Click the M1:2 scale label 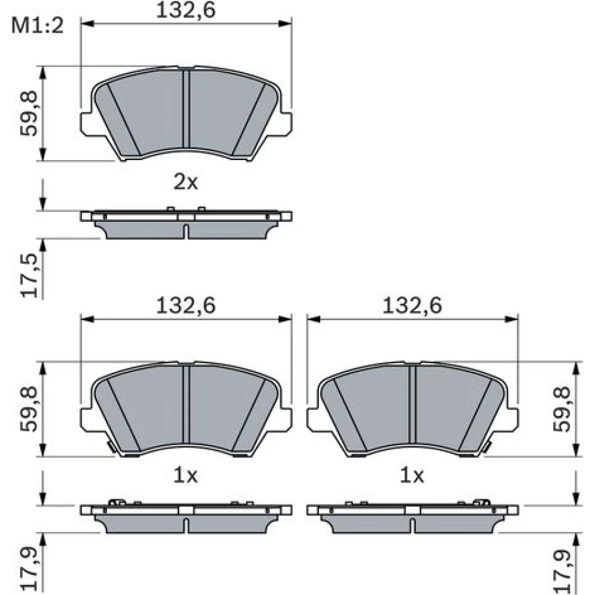click(x=37, y=26)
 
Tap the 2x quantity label click(x=186, y=183)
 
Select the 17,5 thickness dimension click(x=30, y=275)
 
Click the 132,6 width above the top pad click(x=186, y=10)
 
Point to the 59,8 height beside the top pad click(x=29, y=114)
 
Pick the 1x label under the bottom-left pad click(x=186, y=475)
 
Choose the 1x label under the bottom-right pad click(x=412, y=475)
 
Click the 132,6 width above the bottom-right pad click(x=412, y=305)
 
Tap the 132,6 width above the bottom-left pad click(x=186, y=305)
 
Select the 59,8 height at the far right click(x=562, y=409)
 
